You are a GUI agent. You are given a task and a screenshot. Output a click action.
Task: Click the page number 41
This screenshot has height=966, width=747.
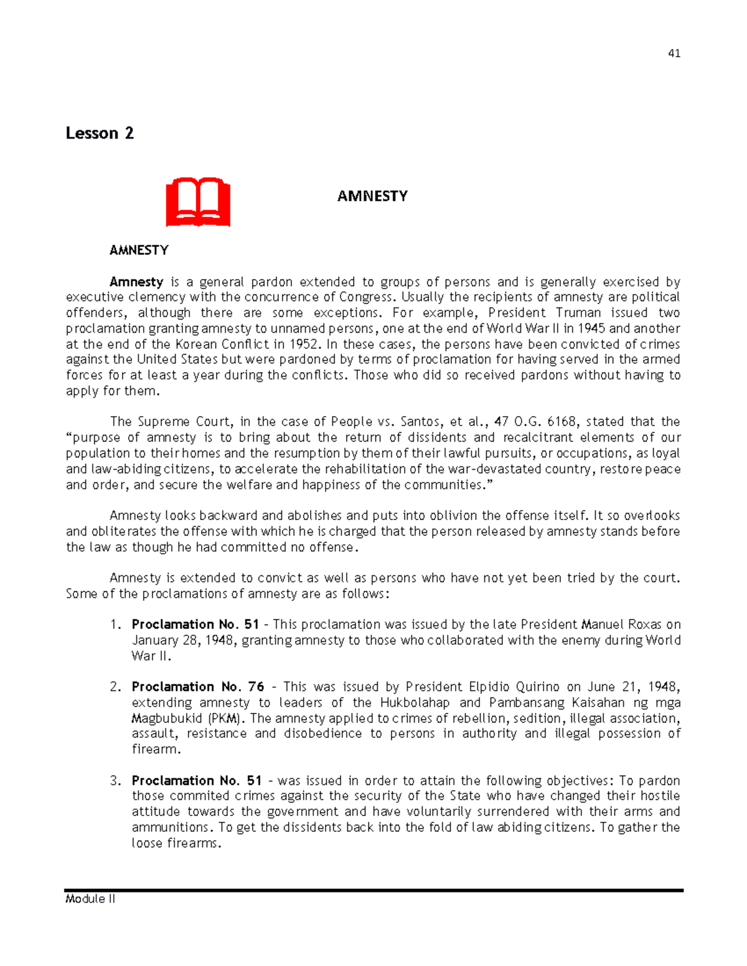coord(674,53)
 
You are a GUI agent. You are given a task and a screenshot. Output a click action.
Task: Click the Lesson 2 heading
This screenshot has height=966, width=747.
coord(100,133)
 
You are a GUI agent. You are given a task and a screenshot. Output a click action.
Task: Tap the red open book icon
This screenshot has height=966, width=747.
coord(198,202)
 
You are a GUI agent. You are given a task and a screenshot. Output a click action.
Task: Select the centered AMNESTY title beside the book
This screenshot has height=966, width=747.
coord(372,196)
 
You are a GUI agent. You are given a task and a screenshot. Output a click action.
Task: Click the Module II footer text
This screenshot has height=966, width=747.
coord(90,899)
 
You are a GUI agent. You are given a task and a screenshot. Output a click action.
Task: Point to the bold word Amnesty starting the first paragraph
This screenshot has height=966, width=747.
coord(136,282)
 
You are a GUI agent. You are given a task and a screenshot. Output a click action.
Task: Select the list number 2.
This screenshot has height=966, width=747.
coord(116,687)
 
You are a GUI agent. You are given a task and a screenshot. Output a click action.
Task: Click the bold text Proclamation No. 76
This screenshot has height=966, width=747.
coord(198,687)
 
